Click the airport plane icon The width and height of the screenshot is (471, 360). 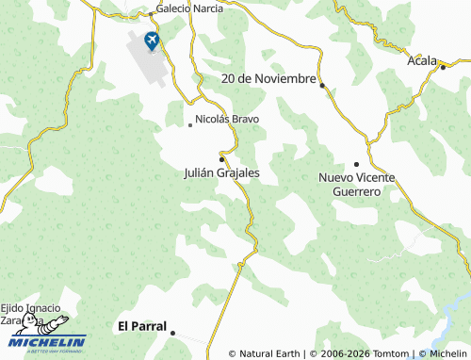(x=151, y=41)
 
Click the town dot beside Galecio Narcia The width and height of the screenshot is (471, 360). (x=151, y=15)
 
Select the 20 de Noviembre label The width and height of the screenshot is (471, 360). (x=268, y=78)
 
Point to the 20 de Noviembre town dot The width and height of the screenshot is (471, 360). (x=322, y=86)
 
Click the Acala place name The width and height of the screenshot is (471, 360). (x=421, y=61)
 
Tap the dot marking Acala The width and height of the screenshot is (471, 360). (x=442, y=67)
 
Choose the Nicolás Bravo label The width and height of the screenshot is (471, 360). (x=227, y=120)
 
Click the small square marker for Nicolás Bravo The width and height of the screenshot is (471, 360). (x=190, y=123)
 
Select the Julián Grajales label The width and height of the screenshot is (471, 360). (x=222, y=173)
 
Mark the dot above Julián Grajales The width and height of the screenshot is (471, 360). (x=221, y=157)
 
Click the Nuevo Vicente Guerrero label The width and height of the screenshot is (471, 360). (x=356, y=184)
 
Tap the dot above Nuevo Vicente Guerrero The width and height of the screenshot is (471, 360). (x=356, y=164)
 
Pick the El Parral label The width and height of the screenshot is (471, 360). (x=141, y=327)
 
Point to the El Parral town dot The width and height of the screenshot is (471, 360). (x=174, y=332)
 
